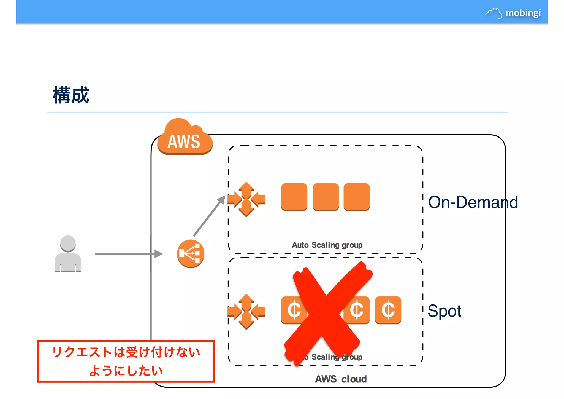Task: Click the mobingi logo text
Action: [x=523, y=13]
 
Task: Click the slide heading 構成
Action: [x=71, y=95]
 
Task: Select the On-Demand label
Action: [x=473, y=202]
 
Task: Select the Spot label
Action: [x=444, y=311]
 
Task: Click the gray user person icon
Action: [x=68, y=254]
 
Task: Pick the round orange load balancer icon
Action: [x=191, y=254]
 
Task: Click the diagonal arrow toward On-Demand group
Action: [x=209, y=216]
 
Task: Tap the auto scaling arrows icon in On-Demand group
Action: [x=246, y=199]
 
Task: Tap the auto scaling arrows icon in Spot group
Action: [x=246, y=312]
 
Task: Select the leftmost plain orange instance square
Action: [x=294, y=197]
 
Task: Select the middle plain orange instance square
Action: [x=326, y=197]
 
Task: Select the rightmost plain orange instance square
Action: [x=357, y=197]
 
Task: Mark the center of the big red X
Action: [x=326, y=313]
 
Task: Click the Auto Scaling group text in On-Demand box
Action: [x=327, y=245]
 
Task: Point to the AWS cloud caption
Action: [x=341, y=379]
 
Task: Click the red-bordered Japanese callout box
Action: [x=126, y=361]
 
